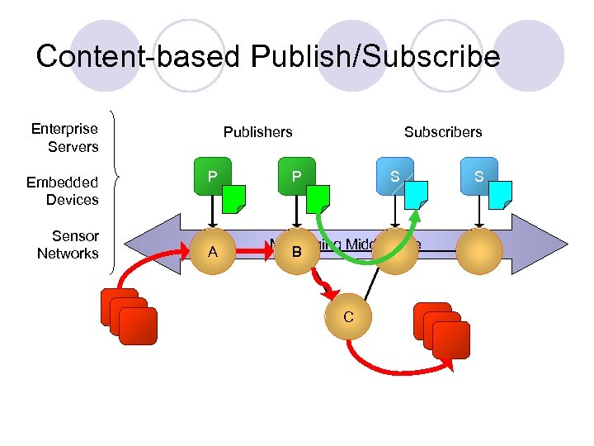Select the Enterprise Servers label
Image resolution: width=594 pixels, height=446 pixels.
64,138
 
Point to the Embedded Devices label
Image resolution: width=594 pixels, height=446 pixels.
62,191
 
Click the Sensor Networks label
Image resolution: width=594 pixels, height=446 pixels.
68,245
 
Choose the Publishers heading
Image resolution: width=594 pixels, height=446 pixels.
257,132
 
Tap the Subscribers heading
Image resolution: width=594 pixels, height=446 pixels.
443,132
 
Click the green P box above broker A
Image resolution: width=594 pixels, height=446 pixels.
213,176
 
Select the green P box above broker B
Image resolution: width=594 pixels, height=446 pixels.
295,176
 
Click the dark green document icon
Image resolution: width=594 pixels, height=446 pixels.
235,198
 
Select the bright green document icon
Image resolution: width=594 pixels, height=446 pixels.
318,198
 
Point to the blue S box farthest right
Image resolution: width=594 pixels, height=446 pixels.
478,176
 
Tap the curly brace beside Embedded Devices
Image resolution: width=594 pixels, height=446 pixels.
119,177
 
